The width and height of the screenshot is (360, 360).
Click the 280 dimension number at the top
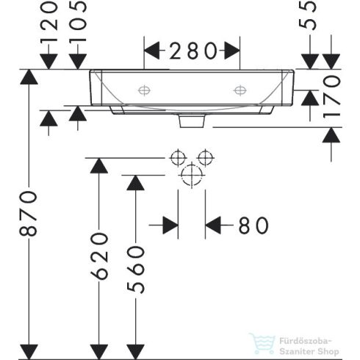192,51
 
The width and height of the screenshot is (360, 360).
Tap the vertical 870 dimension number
28,213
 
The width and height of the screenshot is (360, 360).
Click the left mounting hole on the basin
143,90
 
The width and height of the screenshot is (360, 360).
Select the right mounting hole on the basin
240,90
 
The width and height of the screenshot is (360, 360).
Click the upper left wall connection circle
177,158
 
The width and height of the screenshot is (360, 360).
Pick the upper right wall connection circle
206,158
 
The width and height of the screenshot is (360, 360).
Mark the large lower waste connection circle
192,175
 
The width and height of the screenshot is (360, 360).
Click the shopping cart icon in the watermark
262,343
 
